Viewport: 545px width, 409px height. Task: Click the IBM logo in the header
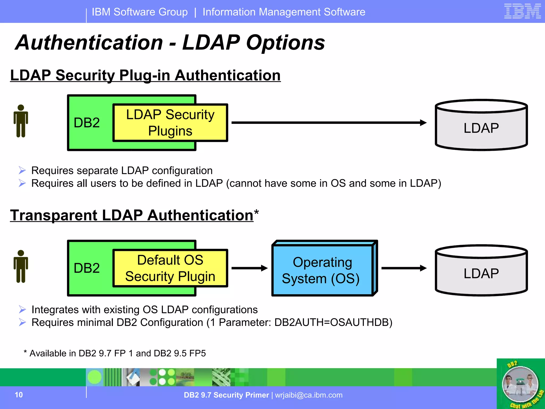pyautogui.click(x=522, y=11)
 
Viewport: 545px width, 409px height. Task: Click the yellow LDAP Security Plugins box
pyautogui.click(x=170, y=123)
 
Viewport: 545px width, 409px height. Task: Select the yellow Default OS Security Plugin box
pyautogui.click(x=170, y=268)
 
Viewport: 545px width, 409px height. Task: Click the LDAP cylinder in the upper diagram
pyautogui.click(x=481, y=128)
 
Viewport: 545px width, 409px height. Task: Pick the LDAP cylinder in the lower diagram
pyautogui.click(x=481, y=273)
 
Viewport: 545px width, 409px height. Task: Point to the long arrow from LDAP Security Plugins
pyautogui.click(x=327, y=122)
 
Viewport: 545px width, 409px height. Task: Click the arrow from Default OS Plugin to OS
pyautogui.click(x=249, y=268)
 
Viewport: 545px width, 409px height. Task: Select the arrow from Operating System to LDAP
pyautogui.click(x=403, y=268)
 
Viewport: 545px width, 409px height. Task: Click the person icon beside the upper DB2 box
pyautogui.click(x=21, y=121)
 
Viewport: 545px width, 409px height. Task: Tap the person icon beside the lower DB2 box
pyautogui.click(x=21, y=267)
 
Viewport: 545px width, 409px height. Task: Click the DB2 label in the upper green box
pyautogui.click(x=87, y=123)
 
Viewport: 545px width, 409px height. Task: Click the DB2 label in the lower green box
pyautogui.click(x=87, y=268)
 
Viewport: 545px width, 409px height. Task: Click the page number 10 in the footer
pyautogui.click(x=19, y=395)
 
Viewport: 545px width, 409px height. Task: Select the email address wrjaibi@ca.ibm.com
pyautogui.click(x=309, y=395)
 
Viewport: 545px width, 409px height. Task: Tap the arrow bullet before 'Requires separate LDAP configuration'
pyautogui.click(x=22, y=170)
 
